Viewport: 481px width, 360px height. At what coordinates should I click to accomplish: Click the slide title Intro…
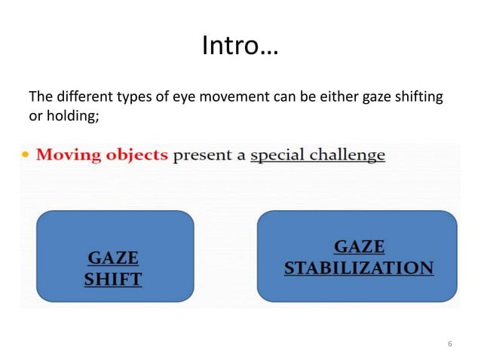240,47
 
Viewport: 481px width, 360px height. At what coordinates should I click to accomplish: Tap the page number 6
450,344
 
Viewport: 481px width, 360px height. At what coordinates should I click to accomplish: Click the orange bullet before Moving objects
26,156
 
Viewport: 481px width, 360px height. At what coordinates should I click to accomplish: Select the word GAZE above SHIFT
112,258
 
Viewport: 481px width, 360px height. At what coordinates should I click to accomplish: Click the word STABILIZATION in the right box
358,268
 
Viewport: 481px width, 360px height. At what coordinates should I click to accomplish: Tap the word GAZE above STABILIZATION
358,247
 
